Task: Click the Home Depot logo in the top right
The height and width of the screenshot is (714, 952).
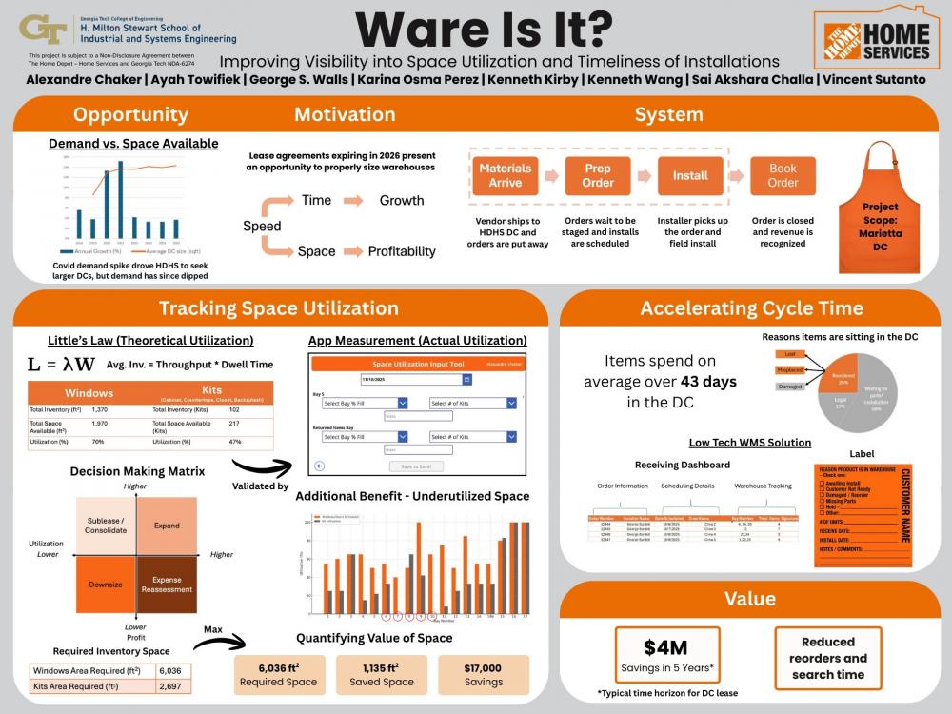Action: tap(872, 39)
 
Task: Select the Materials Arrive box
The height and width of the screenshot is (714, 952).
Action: tap(505, 175)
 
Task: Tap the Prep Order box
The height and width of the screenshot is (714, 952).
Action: tap(598, 175)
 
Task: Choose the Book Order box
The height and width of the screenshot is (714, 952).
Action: tap(783, 175)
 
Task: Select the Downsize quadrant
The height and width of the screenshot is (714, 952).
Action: tap(105, 584)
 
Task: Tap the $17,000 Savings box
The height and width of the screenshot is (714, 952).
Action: tap(484, 674)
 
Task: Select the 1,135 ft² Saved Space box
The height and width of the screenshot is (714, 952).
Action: tap(381, 674)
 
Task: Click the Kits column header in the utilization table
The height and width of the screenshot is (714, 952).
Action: tap(212, 392)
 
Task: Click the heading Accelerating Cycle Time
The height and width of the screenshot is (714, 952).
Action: tap(751, 307)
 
